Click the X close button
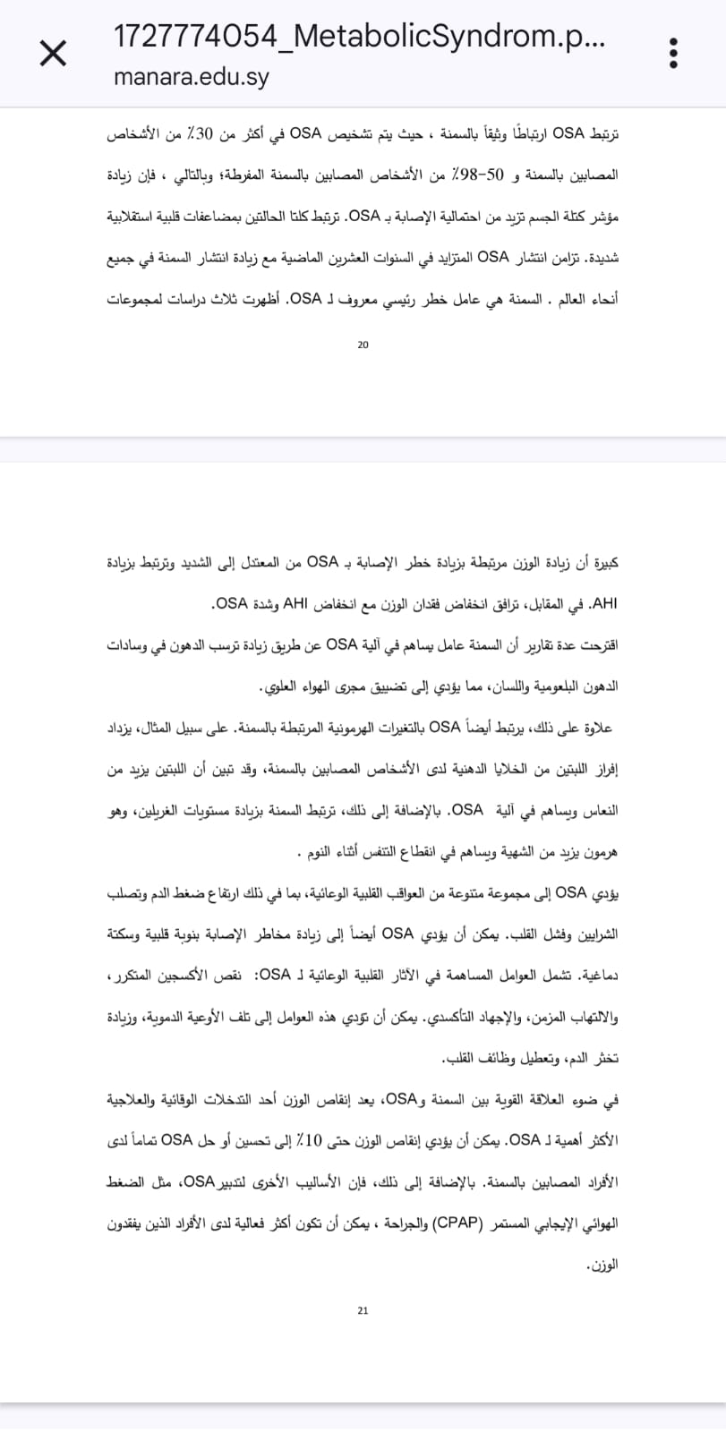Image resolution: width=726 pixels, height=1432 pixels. (53, 54)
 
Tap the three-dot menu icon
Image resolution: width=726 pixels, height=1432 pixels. (673, 54)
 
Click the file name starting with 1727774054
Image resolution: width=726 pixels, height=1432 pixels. (359, 37)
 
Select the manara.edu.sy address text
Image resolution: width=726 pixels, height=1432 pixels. (192, 77)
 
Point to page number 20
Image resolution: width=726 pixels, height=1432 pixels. (363, 345)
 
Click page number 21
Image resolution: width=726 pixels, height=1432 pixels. (363, 1310)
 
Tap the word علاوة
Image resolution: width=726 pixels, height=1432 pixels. (594, 728)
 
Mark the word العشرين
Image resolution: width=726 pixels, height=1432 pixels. (320, 258)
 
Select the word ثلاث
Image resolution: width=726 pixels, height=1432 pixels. (224, 299)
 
